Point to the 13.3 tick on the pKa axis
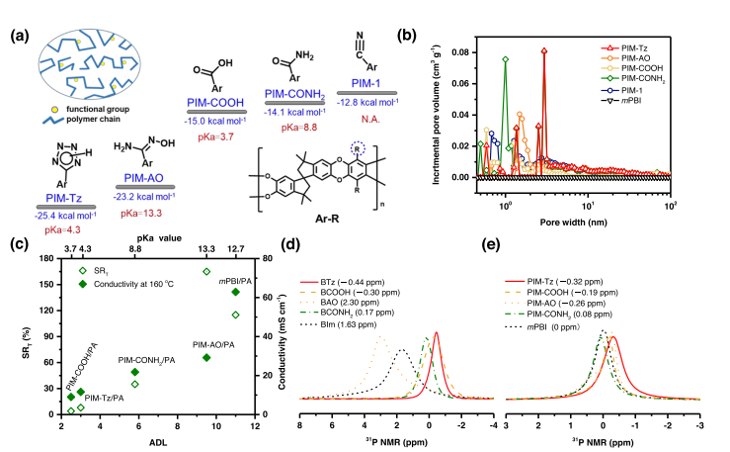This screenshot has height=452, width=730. coord(206,250)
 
